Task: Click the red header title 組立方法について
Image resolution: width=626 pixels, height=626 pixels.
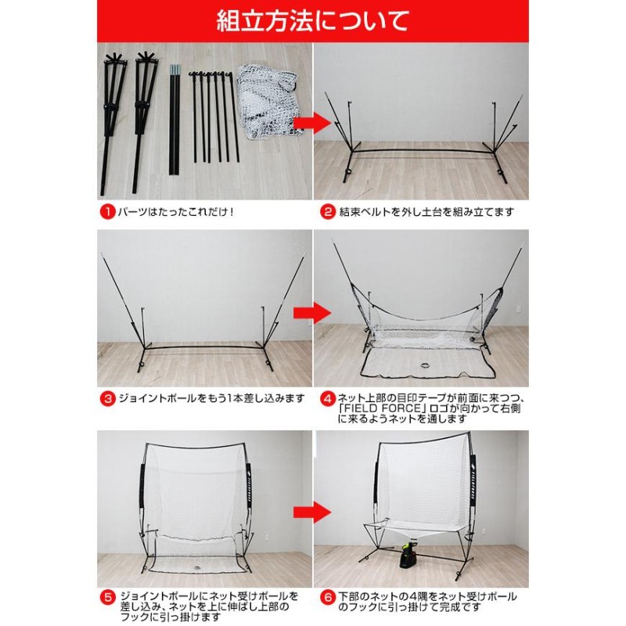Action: pos(313,20)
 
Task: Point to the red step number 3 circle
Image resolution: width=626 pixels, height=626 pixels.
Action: pos(107,398)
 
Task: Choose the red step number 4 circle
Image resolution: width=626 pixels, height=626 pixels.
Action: pos(329,398)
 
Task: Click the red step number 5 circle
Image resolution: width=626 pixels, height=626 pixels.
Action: pos(107,594)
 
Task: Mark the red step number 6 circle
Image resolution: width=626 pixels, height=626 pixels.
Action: pos(329,594)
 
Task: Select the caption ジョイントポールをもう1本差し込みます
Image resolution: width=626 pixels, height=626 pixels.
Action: pos(210,398)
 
